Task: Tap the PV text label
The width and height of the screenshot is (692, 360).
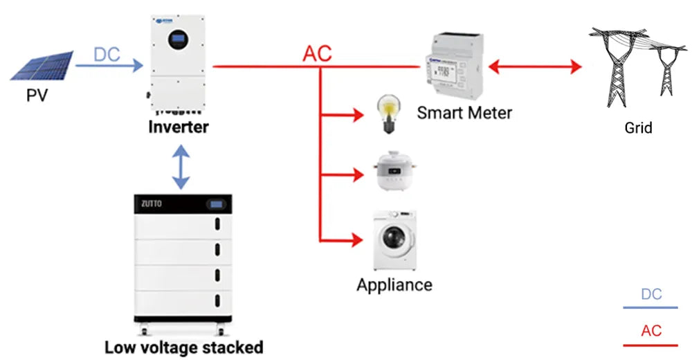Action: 37,95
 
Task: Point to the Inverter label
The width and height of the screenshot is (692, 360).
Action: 179,127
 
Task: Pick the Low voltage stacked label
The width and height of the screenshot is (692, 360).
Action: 183,347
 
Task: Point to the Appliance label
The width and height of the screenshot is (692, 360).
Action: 394,285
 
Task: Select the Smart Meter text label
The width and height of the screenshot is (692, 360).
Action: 464,112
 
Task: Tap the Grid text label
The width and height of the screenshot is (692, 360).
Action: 638,127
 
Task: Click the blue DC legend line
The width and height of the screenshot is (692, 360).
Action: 650,307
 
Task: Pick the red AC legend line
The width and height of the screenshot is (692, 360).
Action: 650,344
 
